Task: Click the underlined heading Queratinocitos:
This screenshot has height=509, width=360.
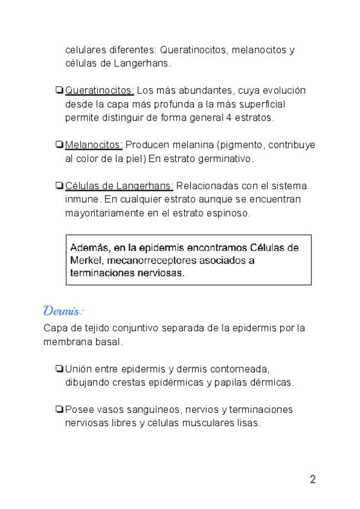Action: click(100, 91)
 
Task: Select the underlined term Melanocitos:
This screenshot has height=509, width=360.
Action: click(94, 145)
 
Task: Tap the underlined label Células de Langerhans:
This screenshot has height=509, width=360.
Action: click(119, 185)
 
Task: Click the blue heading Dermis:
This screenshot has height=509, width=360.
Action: click(63, 311)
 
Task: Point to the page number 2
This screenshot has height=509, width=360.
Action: click(313, 479)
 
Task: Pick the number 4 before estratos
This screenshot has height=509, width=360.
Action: click(229, 118)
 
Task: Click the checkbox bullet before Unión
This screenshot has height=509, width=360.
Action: click(59, 369)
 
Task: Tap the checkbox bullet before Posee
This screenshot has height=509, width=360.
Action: click(59, 409)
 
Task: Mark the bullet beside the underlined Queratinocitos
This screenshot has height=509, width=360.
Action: click(59, 91)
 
